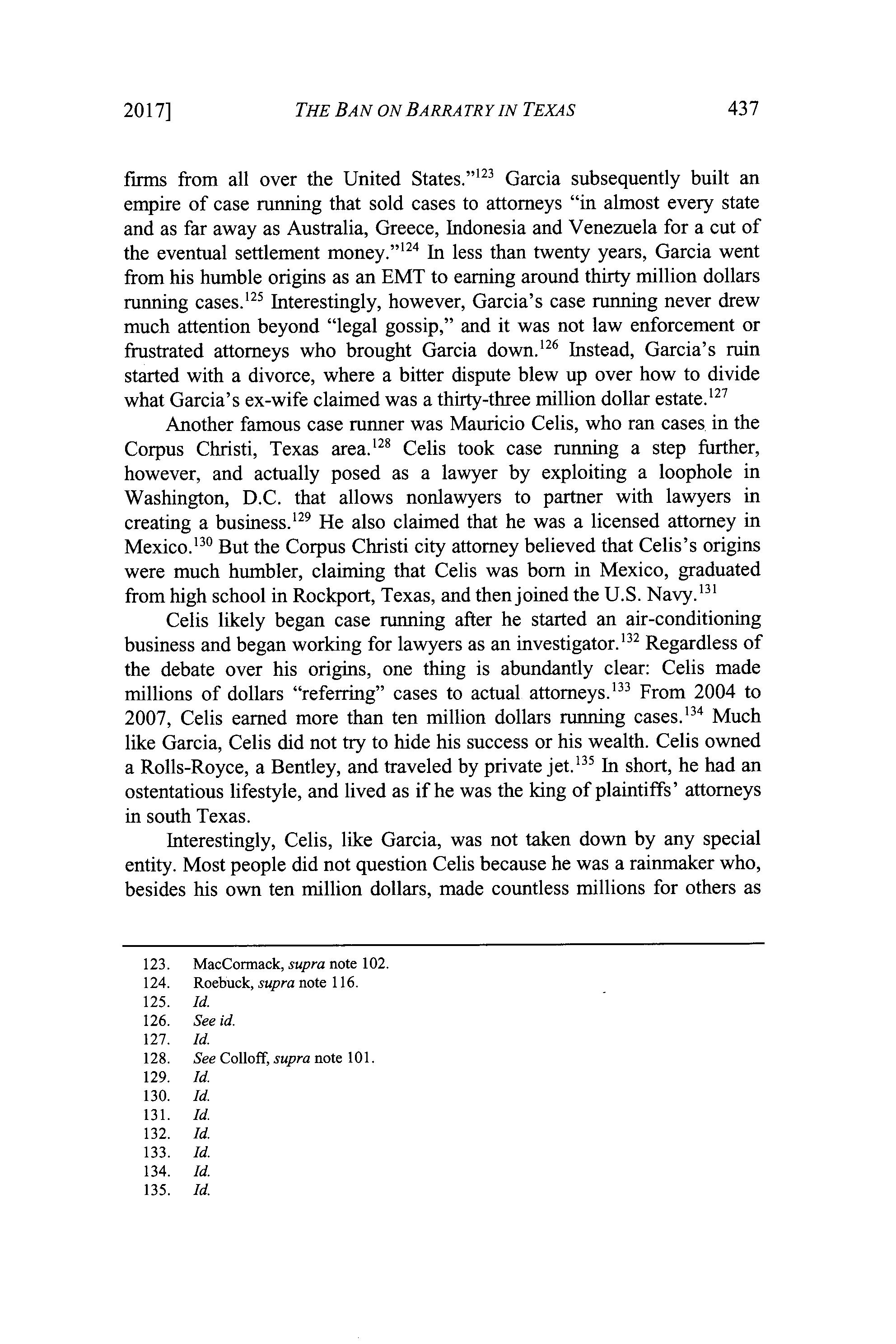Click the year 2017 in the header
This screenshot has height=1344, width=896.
point(147,110)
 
